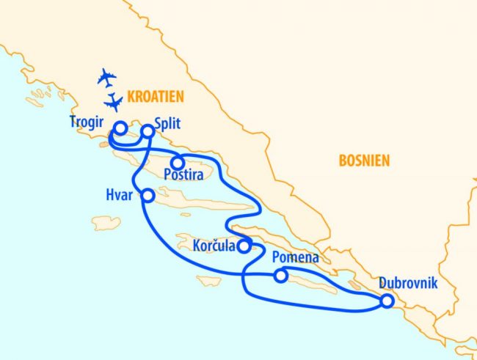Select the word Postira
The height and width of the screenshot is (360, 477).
[183, 176]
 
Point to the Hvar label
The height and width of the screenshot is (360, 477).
[119, 195]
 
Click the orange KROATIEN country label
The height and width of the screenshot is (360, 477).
[155, 96]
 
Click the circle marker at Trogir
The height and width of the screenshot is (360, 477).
[119, 128]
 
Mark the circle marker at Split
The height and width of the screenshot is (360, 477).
[148, 131]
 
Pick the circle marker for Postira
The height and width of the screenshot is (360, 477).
[177, 163]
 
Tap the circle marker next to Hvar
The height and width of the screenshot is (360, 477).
[148, 196]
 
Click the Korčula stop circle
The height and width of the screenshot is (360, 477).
[245, 245]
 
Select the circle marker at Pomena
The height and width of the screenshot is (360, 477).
[280, 276]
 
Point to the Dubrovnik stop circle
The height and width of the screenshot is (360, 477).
[386, 301]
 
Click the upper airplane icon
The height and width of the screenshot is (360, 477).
[107, 77]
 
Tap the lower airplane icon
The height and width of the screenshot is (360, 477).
[114, 101]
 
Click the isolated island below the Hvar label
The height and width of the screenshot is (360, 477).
[106, 222]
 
